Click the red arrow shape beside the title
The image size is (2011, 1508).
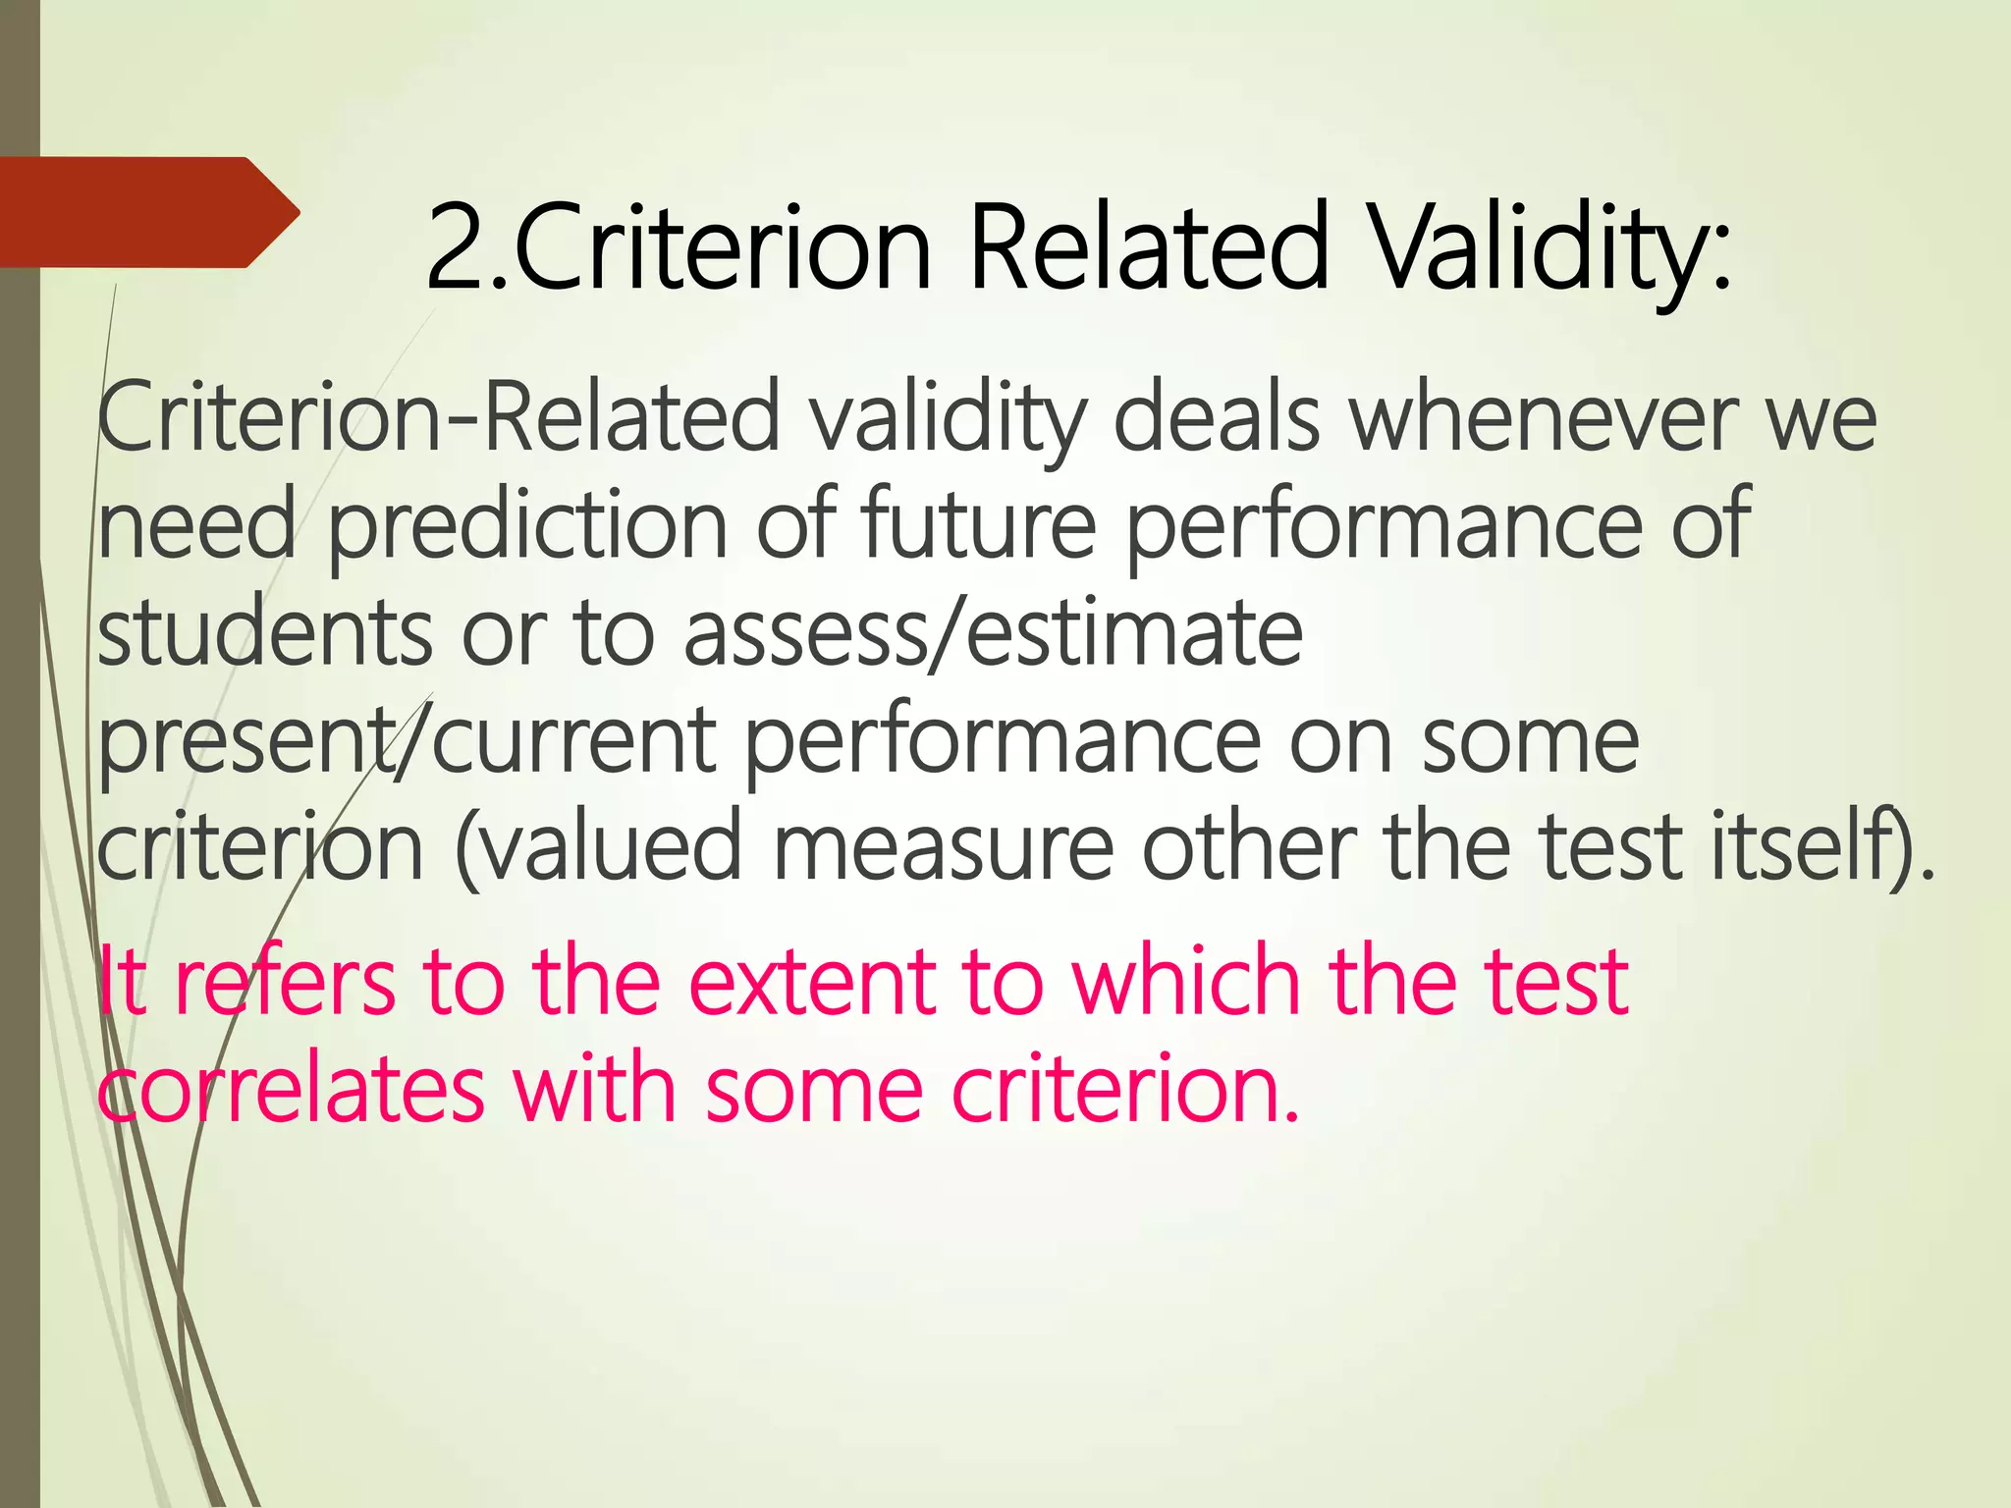pyautogui.click(x=147, y=212)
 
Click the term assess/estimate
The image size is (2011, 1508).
pyautogui.click(x=993, y=633)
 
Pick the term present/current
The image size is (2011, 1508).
pyautogui.click(x=408, y=741)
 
